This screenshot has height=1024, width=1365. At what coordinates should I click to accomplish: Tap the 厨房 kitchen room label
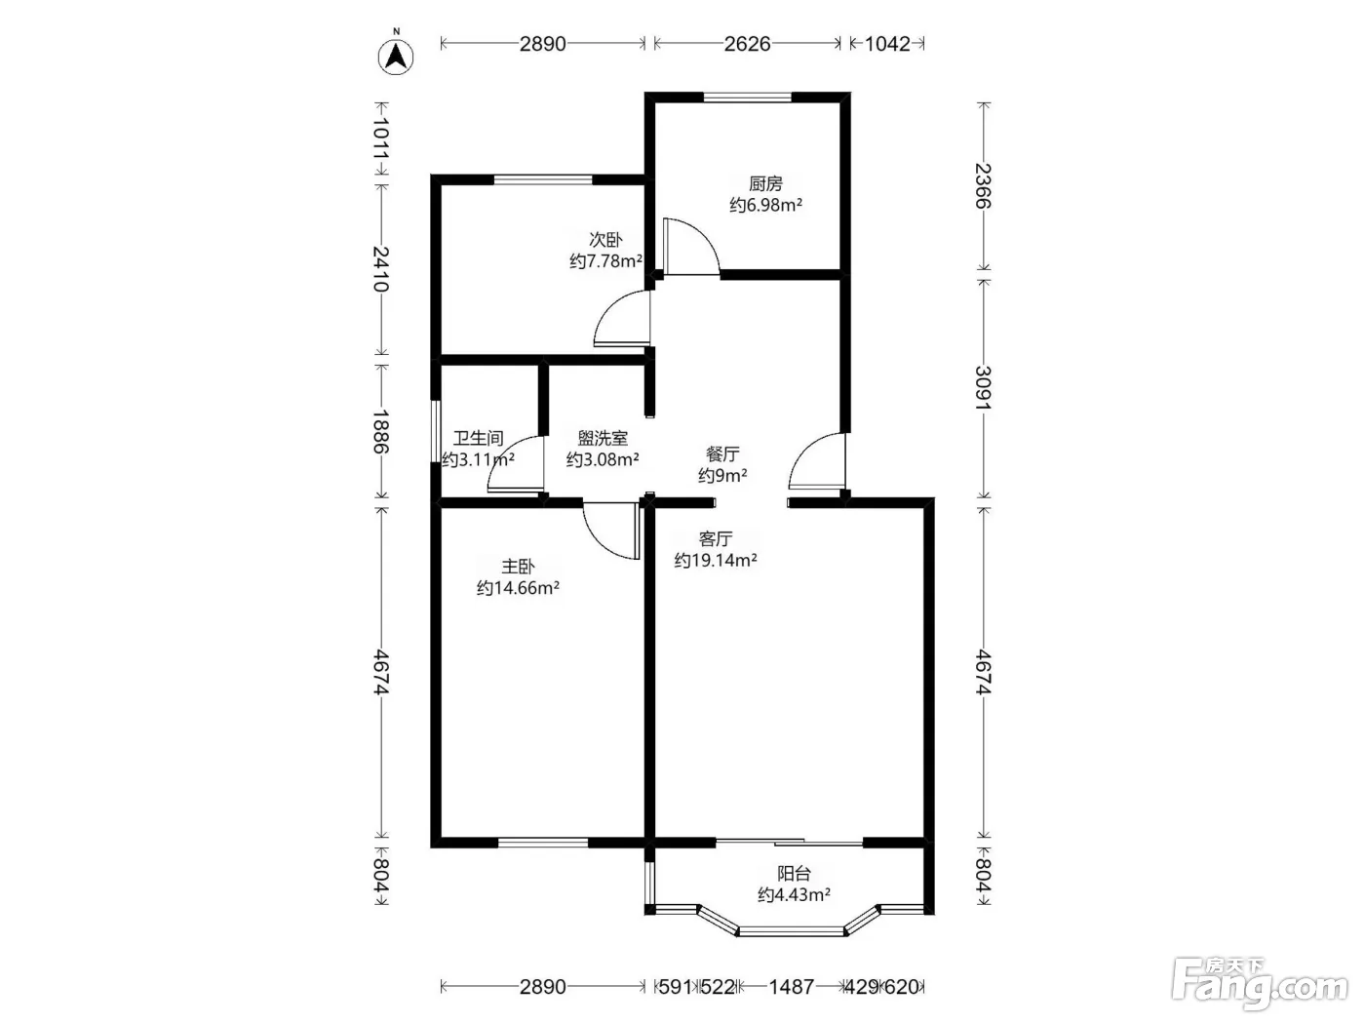click(765, 183)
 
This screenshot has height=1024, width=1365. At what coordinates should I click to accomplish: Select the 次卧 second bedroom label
click(605, 240)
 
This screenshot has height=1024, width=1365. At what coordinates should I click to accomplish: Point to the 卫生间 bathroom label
click(478, 438)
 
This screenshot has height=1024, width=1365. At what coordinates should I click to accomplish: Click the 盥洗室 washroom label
click(603, 438)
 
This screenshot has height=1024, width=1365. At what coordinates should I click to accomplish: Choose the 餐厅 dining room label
click(722, 453)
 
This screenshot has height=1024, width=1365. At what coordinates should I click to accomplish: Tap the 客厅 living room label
click(715, 538)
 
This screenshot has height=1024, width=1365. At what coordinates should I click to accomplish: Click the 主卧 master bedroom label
click(518, 567)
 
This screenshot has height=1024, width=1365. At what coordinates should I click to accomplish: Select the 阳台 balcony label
click(794, 874)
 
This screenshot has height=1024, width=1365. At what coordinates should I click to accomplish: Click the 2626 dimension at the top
click(747, 44)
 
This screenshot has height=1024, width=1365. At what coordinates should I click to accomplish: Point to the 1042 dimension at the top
click(887, 44)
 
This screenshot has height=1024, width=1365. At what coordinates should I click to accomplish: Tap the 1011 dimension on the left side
click(381, 138)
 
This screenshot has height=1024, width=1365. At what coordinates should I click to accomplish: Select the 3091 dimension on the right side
click(983, 388)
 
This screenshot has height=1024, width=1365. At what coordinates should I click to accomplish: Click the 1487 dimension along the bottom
click(791, 987)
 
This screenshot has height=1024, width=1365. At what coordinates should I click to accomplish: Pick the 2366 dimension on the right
click(983, 186)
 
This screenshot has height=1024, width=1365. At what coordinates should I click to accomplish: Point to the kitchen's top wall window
click(747, 97)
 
